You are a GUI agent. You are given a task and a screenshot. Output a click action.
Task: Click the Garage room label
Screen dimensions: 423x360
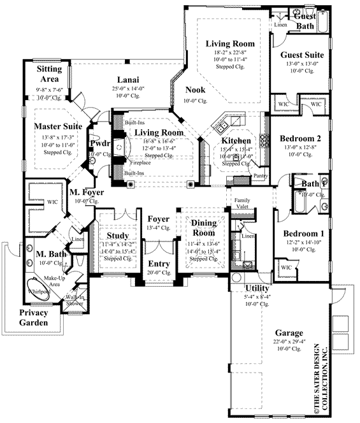(x=289, y=333)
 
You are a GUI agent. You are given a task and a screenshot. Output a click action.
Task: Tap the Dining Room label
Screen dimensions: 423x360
(x=205, y=228)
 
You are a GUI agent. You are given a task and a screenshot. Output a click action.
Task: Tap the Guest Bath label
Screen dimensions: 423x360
(x=308, y=21)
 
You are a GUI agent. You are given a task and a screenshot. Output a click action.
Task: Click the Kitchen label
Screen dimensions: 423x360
(x=236, y=140)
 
